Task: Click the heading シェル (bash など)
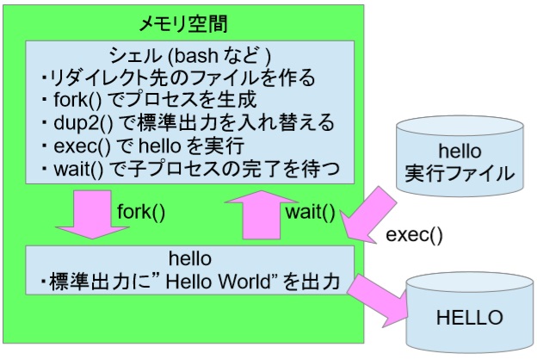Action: tap(188, 56)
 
